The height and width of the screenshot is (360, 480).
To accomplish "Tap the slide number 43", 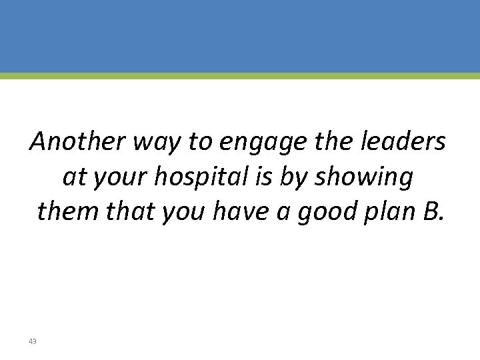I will (33, 341).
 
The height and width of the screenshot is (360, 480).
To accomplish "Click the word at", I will (74, 177).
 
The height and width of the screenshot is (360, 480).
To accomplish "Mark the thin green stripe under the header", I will (240, 76).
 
